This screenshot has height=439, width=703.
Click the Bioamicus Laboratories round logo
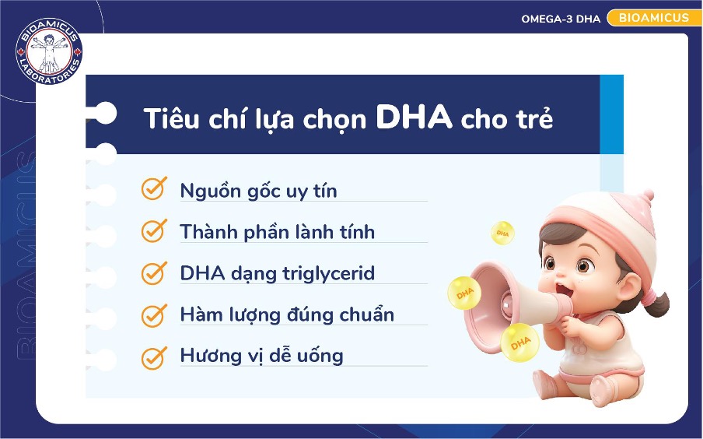tap(49, 51)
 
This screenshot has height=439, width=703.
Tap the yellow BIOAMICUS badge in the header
tap(654, 18)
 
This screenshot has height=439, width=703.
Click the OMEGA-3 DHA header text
tap(561, 19)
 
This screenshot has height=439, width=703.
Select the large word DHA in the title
tap(414, 117)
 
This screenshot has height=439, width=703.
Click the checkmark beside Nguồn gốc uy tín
tap(154, 188)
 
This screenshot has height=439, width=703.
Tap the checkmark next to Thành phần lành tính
tap(154, 230)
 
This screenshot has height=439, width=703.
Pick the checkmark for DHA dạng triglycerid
tap(154, 272)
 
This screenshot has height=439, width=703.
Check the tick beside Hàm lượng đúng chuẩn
tap(154, 314)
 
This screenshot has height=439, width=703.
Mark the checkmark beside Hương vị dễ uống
tap(154, 357)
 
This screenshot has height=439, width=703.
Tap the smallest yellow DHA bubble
tap(502, 233)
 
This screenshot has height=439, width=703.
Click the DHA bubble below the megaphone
tap(520, 343)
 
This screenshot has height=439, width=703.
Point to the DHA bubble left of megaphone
tap(464, 293)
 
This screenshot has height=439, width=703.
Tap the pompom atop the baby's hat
tap(648, 195)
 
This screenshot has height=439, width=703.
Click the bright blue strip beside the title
tap(611, 114)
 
